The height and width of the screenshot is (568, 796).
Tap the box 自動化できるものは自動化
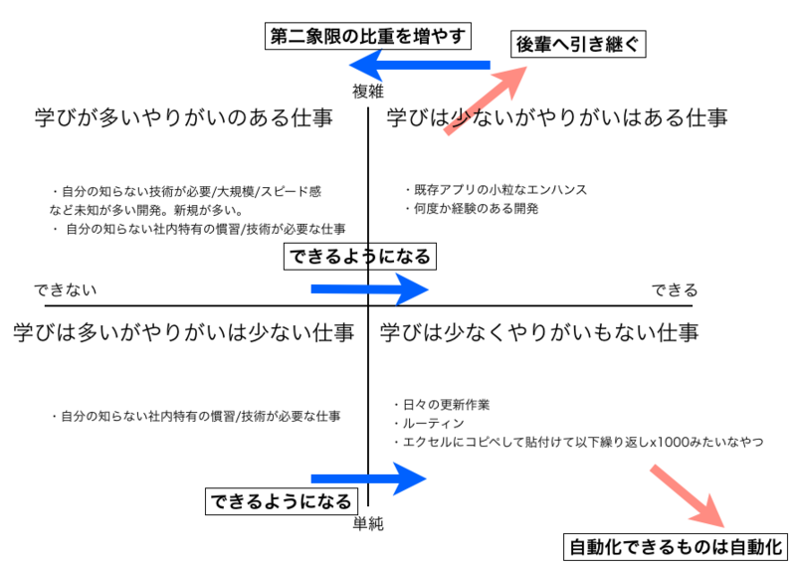[677, 546]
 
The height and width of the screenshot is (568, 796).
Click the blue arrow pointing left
[419, 67]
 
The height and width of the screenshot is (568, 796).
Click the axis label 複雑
[367, 92]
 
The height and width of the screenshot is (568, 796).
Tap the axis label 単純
[368, 521]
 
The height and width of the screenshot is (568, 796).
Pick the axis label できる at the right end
[675, 290]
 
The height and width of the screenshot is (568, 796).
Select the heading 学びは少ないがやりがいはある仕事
[557, 117]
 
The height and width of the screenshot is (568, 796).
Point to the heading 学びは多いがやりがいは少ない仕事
[184, 331]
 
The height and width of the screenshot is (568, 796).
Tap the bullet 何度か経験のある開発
[473, 209]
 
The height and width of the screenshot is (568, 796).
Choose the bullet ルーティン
[428, 423]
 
